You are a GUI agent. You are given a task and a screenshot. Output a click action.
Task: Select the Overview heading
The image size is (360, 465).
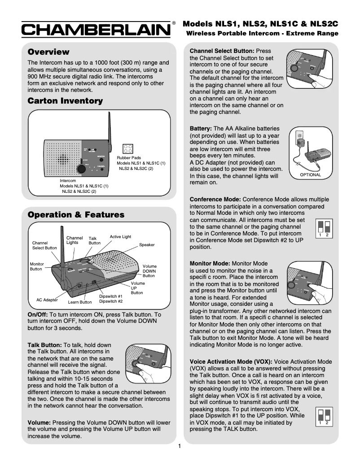[48, 52]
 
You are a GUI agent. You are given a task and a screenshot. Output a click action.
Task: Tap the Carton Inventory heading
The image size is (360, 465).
[65, 101]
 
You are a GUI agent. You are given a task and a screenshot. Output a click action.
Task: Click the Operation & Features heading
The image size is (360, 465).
[76, 215]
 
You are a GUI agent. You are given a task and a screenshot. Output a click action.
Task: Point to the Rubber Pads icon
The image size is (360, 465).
[127, 149]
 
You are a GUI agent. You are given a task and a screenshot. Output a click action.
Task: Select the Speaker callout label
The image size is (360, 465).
[147, 245]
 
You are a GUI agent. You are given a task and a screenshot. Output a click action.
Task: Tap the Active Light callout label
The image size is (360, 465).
[120, 237]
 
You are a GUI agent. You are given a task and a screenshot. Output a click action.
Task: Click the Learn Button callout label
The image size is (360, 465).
[80, 302]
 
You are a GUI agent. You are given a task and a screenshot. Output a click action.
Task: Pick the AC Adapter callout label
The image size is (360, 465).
[47, 300]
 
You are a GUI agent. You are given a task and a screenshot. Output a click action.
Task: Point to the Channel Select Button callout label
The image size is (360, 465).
[44, 245]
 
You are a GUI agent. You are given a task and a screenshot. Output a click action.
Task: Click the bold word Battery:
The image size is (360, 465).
[201, 129]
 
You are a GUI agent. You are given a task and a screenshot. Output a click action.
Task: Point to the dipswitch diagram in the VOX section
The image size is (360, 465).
[324, 417]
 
